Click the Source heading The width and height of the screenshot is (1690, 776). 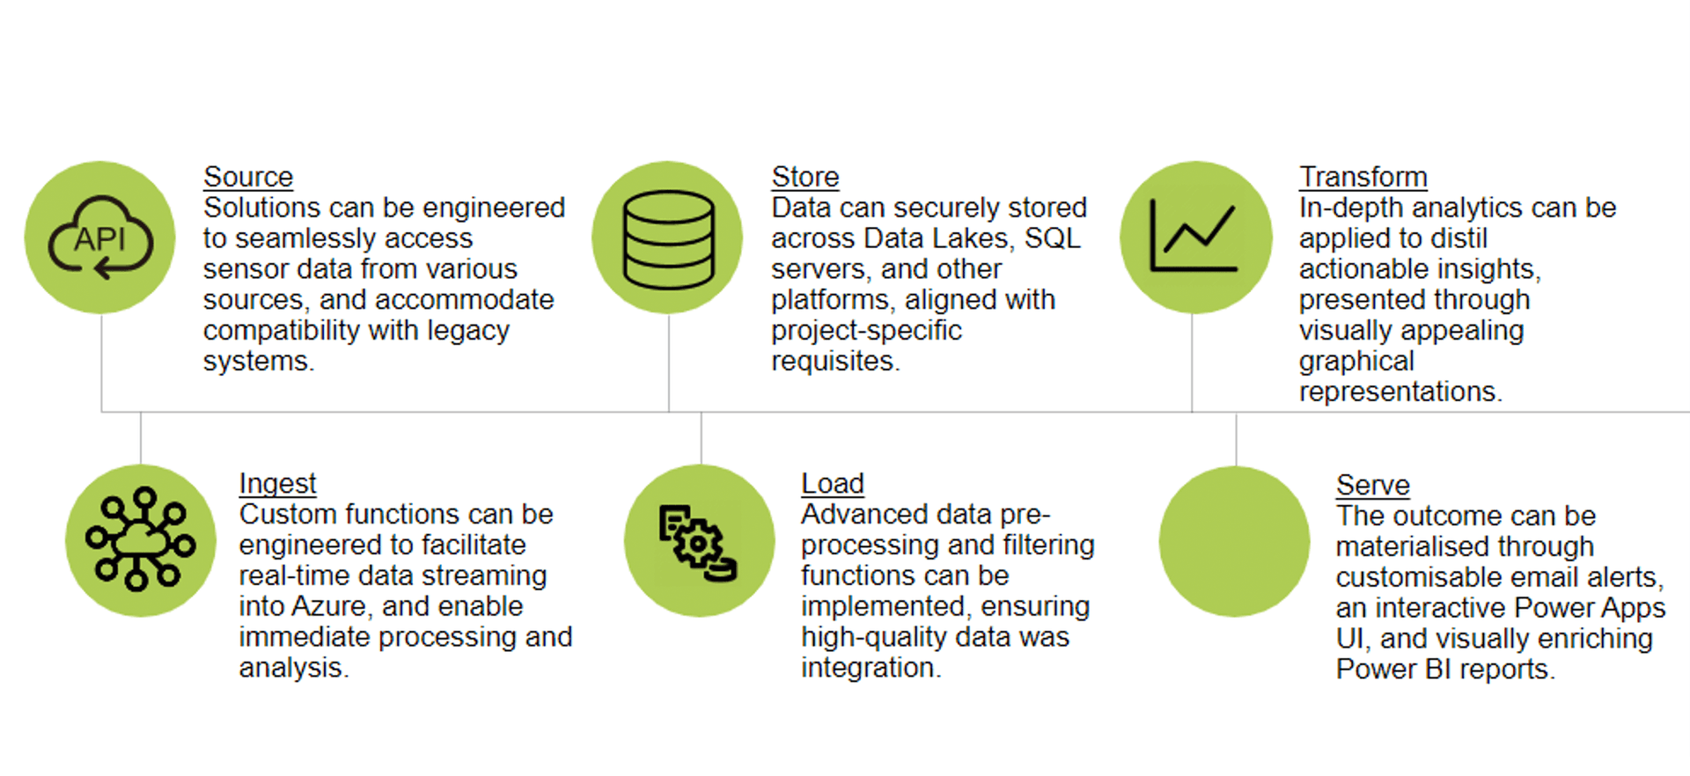pyautogui.click(x=248, y=177)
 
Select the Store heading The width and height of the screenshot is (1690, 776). pyautogui.click(x=805, y=177)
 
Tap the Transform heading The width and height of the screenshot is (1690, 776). pyautogui.click(x=1363, y=177)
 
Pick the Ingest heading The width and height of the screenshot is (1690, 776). pyautogui.click(x=277, y=484)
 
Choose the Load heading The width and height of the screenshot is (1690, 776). pyautogui.click(x=833, y=484)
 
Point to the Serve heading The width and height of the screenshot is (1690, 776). pyautogui.click(x=1373, y=486)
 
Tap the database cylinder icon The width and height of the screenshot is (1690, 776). pyautogui.click(x=669, y=239)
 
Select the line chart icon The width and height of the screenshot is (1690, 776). pyautogui.click(x=1194, y=235)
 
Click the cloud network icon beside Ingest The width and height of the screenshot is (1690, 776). pyautogui.click(x=141, y=538)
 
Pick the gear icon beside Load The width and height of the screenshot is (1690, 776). pyautogui.click(x=698, y=543)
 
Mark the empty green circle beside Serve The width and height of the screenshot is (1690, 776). pyautogui.click(x=1235, y=541)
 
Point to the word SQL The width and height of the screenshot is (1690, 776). pyautogui.click(x=1053, y=238)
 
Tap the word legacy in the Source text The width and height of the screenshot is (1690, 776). pyautogui.click(x=468, y=331)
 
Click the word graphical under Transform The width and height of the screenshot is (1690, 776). pyautogui.click(x=1356, y=362)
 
